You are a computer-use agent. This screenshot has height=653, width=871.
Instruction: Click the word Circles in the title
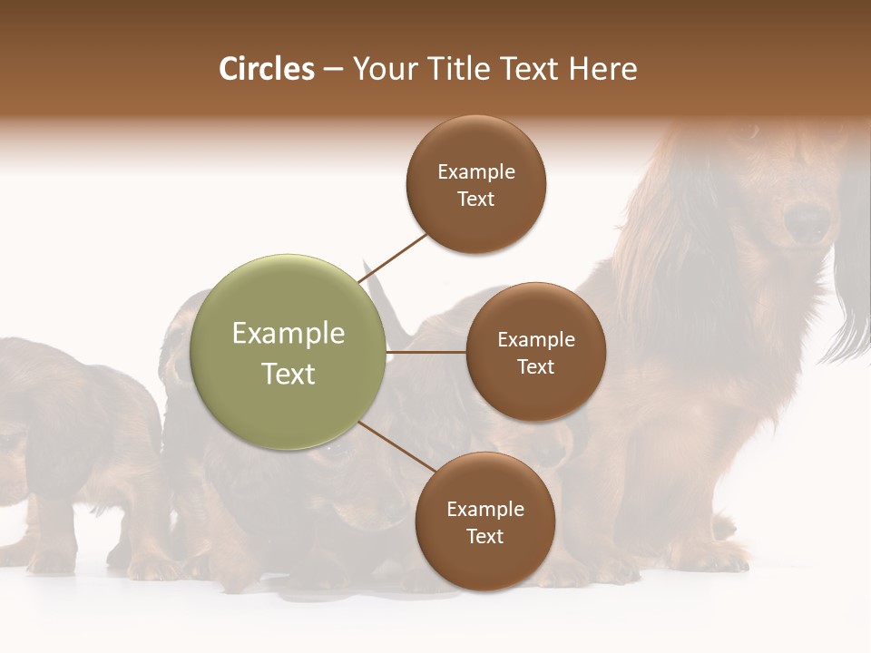[x=266, y=69]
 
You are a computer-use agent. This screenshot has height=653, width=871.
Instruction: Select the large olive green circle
[x=289, y=352]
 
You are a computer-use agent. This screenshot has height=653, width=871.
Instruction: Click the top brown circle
[x=476, y=184]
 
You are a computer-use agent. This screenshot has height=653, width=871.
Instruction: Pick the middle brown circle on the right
[x=535, y=352]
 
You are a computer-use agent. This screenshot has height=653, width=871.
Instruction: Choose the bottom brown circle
[x=484, y=521]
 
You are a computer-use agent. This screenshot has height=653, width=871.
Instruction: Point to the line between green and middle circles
[x=426, y=352]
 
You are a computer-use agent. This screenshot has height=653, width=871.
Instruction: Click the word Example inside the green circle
[x=289, y=334]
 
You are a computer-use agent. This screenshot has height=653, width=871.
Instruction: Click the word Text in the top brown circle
[x=476, y=200]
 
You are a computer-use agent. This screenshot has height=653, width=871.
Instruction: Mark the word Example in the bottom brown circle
[x=484, y=509]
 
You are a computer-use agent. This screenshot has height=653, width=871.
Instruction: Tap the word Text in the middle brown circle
[x=535, y=366]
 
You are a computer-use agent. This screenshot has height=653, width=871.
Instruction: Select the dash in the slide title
[x=332, y=70]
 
